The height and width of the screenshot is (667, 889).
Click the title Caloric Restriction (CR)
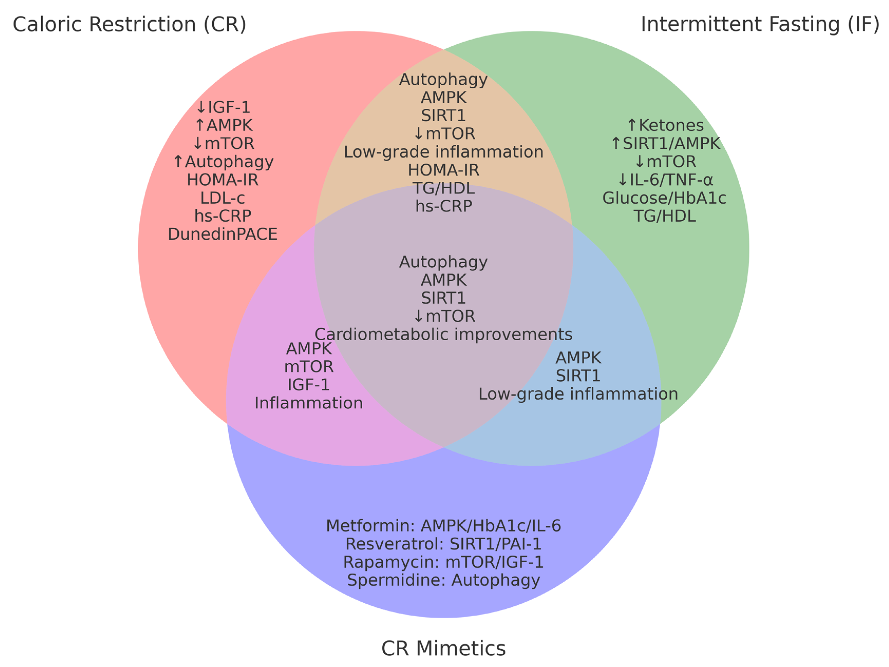pos(129,24)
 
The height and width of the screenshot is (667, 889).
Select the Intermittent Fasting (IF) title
pos(760,24)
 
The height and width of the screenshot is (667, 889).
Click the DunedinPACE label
pos(223,234)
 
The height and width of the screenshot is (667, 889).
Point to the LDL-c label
pos(223,198)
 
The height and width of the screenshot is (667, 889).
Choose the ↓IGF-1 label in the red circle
pos(223,107)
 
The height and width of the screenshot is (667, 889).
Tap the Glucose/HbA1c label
pos(664,198)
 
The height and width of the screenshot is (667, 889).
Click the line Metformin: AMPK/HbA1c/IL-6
pos(443,526)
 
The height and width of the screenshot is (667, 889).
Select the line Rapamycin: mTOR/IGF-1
pos(443,562)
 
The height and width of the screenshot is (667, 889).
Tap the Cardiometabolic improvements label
pos(443,334)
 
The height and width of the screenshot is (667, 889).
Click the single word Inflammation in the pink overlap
pos(309,403)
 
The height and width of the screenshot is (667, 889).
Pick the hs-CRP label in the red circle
pos(223,216)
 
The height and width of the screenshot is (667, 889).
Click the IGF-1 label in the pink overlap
pos(309,385)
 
